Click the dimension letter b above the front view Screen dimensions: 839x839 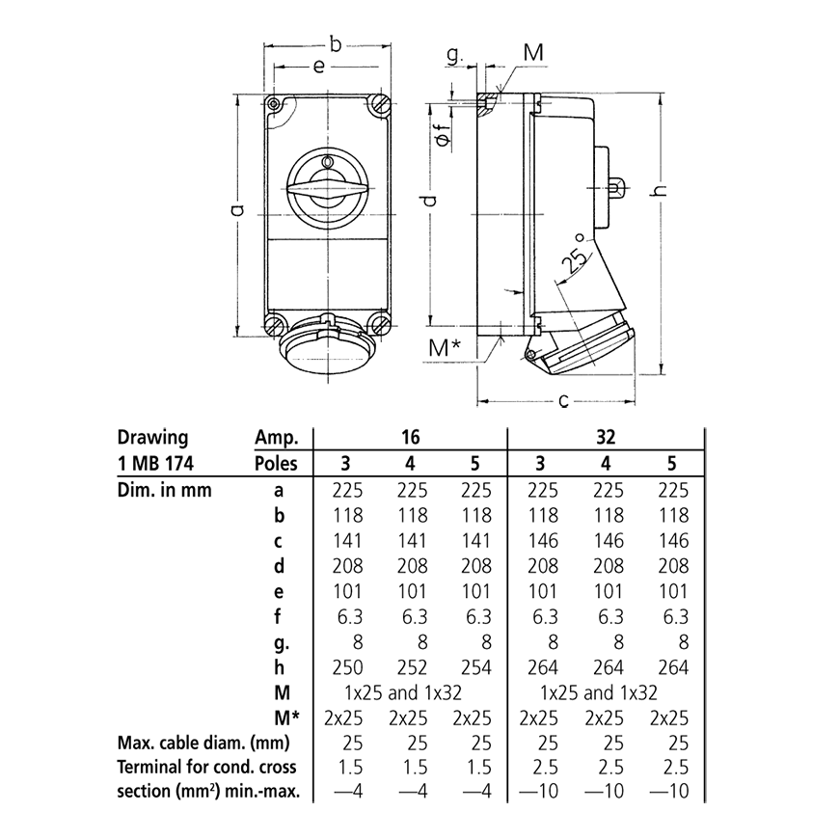[336, 43]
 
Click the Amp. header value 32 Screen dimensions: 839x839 [606, 436]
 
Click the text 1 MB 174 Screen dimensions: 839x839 [153, 464]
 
